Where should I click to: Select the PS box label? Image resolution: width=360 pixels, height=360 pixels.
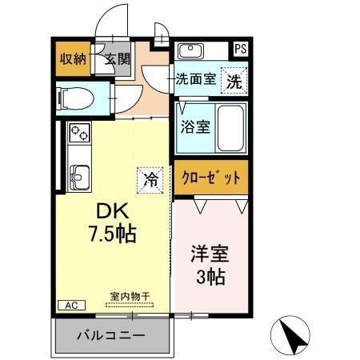[x=240, y=50]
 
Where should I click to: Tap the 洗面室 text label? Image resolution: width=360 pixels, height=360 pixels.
[x=195, y=80]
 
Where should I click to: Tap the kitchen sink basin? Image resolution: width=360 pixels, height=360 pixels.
[x=81, y=174]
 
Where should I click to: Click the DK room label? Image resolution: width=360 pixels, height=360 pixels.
[x=113, y=211]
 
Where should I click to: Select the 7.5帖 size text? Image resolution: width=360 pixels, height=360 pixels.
[x=113, y=234]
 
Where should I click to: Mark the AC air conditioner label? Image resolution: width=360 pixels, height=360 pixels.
[x=70, y=305]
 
